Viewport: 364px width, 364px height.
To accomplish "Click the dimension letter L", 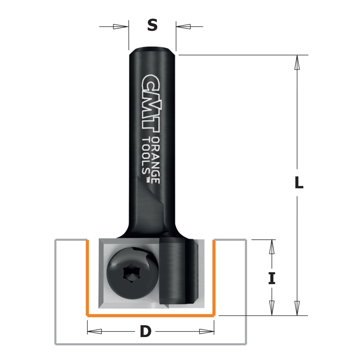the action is click(299, 183).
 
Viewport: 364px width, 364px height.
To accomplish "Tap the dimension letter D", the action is click(146, 331).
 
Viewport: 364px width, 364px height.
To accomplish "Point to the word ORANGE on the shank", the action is click(156, 160).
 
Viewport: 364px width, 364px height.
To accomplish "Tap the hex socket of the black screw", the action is click(128, 276).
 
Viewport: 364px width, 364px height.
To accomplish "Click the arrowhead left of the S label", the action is click(120, 27).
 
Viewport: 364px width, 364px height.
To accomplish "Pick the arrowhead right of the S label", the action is click(184, 27).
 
